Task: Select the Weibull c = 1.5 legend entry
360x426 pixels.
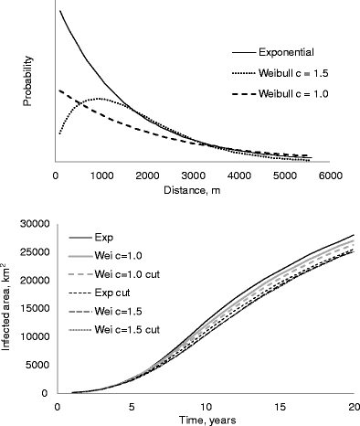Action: (291, 73)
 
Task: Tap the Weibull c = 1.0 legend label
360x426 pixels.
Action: (291, 94)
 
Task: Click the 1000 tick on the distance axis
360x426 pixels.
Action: (101, 176)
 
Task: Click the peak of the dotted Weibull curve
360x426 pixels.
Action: (98, 98)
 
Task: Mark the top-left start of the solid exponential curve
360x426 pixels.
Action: (59, 11)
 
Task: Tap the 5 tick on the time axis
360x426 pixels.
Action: (132, 406)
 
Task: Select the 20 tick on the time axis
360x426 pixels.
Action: (353, 406)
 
